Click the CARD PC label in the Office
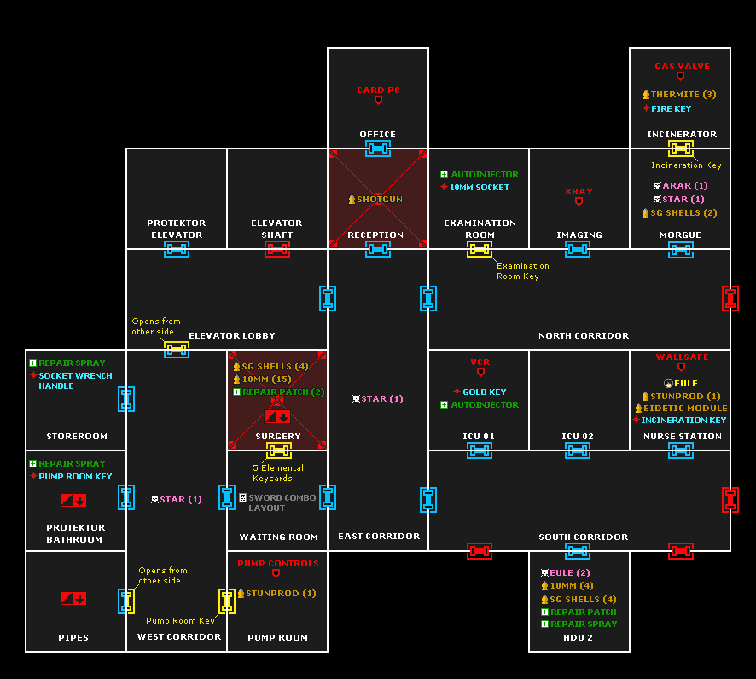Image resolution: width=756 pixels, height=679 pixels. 378,90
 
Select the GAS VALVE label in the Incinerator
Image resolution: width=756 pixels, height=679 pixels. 682,67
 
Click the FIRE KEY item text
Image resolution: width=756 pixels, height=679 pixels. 672,109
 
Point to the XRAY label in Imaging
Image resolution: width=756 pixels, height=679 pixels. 579,192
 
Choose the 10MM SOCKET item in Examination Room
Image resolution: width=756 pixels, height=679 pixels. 480,188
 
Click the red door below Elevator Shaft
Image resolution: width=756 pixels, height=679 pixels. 277,249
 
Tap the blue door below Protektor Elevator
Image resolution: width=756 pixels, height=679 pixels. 177,249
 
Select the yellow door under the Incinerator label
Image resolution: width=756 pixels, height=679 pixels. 680,148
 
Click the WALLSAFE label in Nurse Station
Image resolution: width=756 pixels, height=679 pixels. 682,357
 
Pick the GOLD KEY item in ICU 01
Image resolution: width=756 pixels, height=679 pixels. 485,392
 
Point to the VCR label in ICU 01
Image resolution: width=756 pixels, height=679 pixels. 480,363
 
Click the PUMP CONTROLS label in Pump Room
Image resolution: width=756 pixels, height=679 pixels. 277,564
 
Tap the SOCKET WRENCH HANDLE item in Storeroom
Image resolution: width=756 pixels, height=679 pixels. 75,380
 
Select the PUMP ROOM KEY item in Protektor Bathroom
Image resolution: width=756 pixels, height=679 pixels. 75,477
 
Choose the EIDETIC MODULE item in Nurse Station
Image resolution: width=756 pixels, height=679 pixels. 686,409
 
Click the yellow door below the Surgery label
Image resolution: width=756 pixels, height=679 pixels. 277,450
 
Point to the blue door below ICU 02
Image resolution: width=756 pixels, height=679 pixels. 579,450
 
